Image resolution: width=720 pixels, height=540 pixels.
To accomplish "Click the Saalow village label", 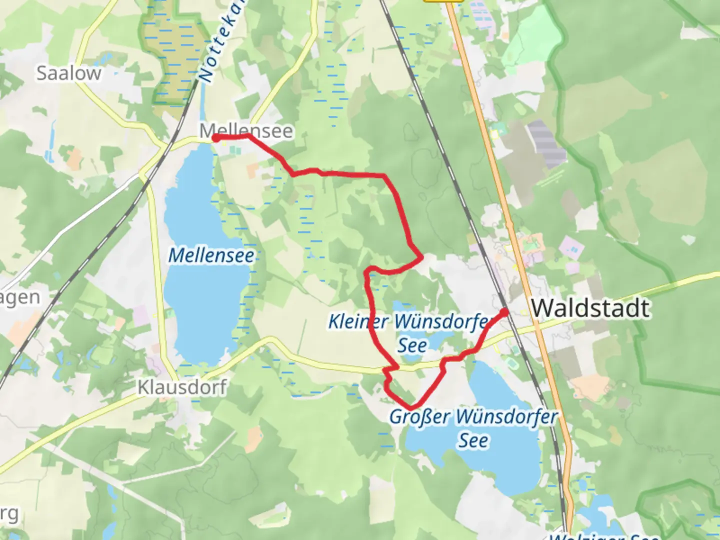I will click(x=69, y=73).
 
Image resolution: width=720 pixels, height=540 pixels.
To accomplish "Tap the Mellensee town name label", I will click(x=246, y=130).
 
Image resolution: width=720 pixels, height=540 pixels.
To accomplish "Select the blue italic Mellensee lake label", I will click(x=211, y=255).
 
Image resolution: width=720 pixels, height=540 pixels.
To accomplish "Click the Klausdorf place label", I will click(x=182, y=387).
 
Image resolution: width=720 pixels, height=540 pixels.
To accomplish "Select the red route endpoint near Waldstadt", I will click(x=504, y=312).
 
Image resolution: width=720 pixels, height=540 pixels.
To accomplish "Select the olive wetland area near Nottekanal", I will click(x=175, y=60).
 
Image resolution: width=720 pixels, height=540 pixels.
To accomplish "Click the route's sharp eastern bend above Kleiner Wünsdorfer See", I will click(x=421, y=257).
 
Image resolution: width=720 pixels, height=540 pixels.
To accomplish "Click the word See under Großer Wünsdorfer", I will click(x=473, y=440).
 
